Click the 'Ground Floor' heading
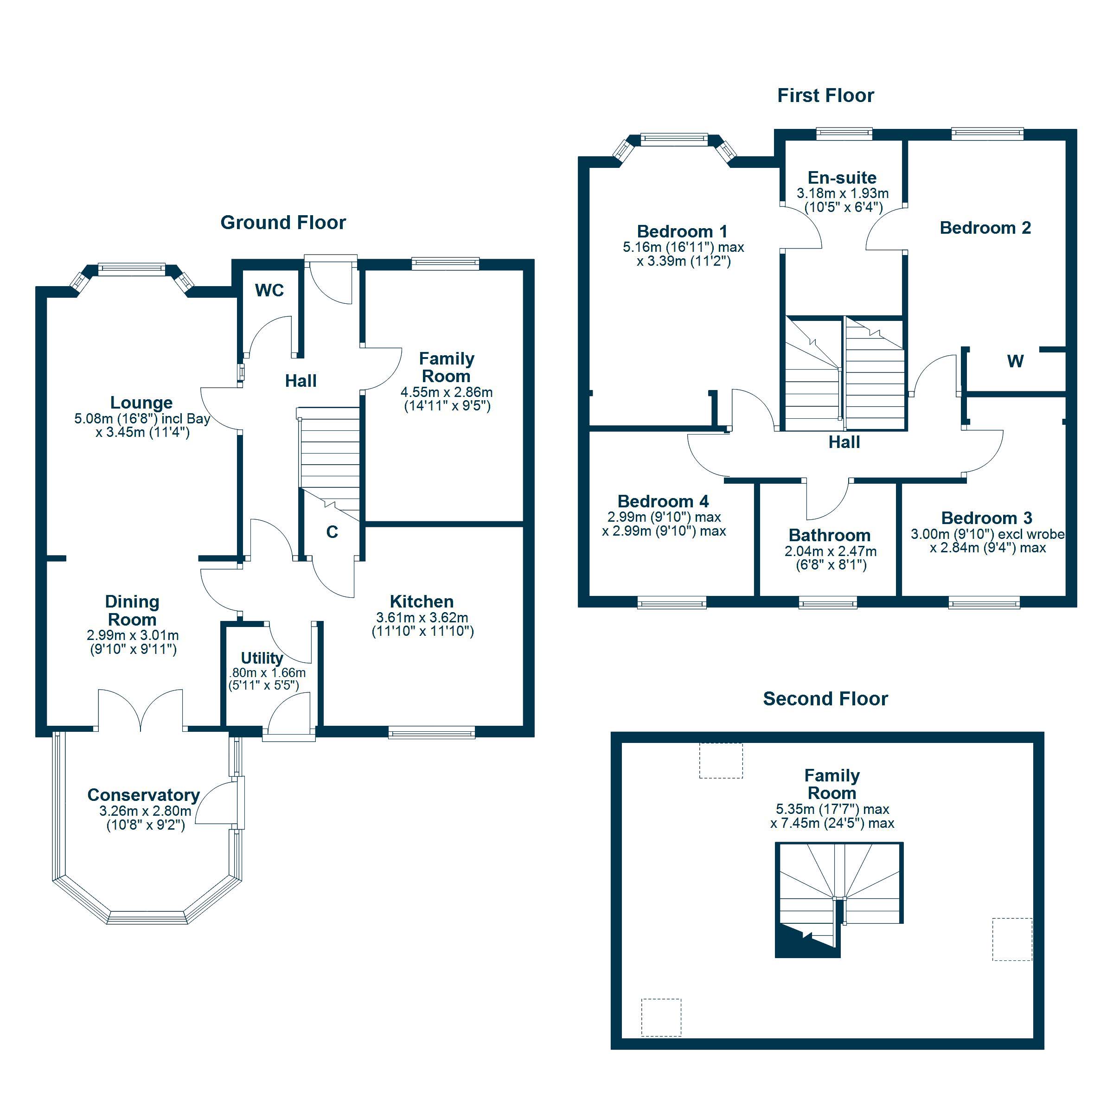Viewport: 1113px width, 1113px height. [x=283, y=223]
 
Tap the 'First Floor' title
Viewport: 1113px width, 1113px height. [x=825, y=95]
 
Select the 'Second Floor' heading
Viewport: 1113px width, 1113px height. [x=825, y=698]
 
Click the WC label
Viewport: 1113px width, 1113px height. [x=269, y=290]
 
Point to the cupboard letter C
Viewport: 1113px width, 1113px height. [x=332, y=532]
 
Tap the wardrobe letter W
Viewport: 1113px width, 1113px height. [x=1015, y=361]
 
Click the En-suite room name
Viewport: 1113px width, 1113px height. [x=842, y=178]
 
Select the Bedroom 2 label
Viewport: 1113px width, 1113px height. [x=985, y=228]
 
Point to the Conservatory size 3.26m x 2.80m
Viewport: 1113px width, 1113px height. [x=145, y=811]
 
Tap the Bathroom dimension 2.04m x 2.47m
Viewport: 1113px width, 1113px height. [x=830, y=551]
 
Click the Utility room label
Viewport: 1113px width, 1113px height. [x=262, y=658]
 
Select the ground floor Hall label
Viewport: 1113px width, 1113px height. [x=301, y=381]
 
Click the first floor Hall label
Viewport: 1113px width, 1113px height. [x=844, y=442]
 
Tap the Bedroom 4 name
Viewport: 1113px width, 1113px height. [x=663, y=501]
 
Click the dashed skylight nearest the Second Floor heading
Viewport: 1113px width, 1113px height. [x=721, y=760]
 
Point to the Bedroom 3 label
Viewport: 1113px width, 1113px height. [x=986, y=518]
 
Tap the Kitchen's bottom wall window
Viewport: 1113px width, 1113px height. [x=431, y=732]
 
